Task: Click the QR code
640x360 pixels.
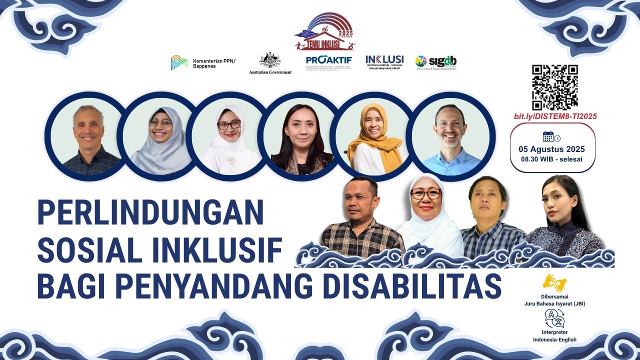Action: point(554,87)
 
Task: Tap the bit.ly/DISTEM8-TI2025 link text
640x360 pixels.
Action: point(554,116)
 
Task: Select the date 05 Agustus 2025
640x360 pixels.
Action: point(551,149)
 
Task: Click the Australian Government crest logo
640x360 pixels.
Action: point(270,63)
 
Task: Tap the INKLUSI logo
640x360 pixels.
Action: point(384,61)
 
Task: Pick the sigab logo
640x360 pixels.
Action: point(435,62)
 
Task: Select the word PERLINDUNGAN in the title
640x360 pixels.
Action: point(150,212)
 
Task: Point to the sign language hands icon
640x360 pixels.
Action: point(554,283)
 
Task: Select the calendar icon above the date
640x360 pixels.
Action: point(548,136)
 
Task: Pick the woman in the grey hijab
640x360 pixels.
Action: point(159,137)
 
